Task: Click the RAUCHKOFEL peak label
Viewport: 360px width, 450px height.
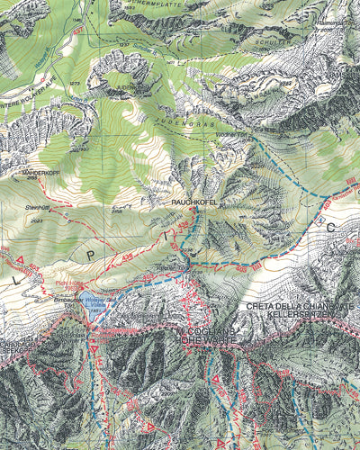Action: (197, 204)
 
